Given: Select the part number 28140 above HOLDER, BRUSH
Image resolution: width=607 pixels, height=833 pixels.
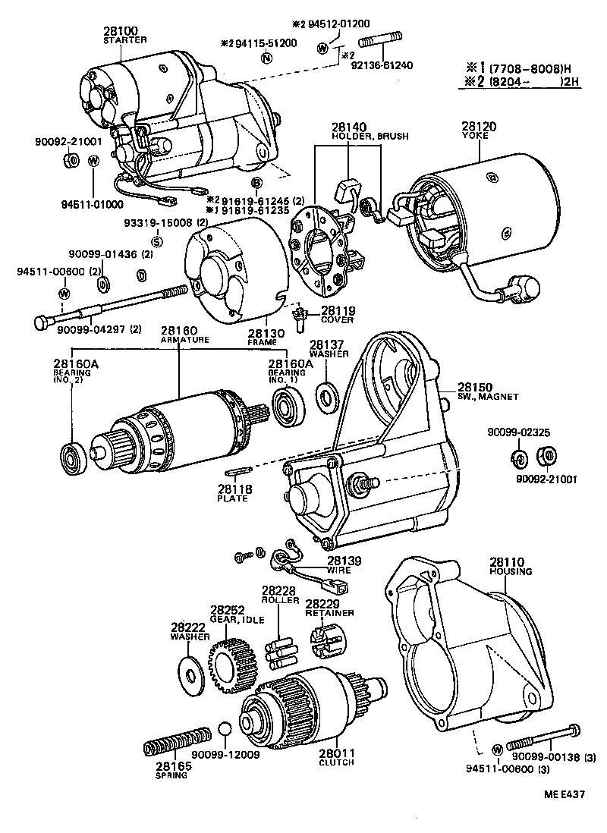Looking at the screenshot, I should point(348,127).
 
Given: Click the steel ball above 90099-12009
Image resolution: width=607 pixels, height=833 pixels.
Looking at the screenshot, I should point(225,731).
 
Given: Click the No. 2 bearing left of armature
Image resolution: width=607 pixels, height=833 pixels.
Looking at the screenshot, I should point(73,460).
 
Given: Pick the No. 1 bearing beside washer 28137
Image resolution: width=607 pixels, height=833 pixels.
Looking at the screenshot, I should point(288,407).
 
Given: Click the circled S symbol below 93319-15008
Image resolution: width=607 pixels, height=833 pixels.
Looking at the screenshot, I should point(157,242).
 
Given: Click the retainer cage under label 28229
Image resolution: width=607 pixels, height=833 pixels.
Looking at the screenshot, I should point(328,641).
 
